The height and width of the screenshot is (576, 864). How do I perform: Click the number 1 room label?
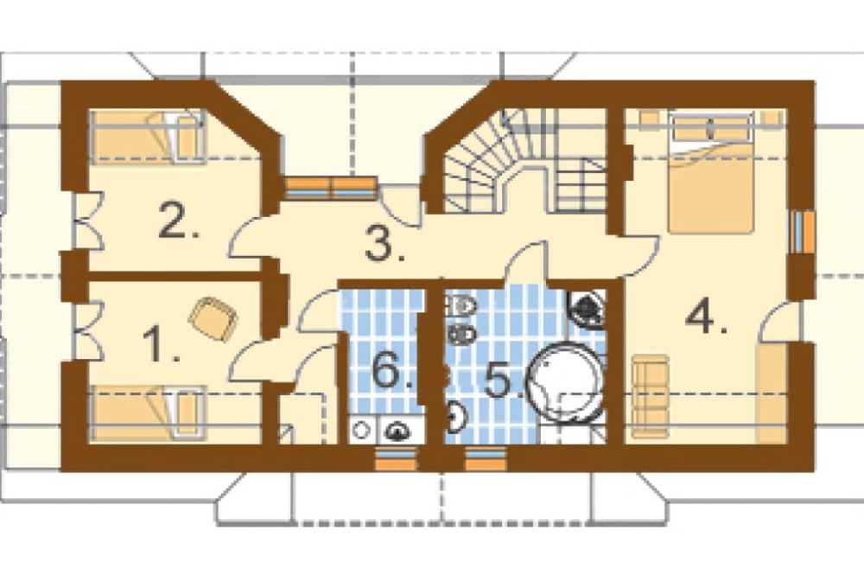(x=161, y=345)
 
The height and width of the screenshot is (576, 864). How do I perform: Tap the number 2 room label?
(x=177, y=221)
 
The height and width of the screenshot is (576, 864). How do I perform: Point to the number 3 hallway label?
(x=385, y=244)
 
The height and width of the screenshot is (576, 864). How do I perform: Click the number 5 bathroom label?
(x=505, y=379)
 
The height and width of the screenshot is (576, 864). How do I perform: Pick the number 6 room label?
(x=391, y=370)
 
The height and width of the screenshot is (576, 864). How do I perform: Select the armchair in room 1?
(x=213, y=318)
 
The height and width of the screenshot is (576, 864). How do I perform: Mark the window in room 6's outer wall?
(x=397, y=458)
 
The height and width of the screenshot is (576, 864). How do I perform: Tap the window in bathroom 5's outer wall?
(x=486, y=458)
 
